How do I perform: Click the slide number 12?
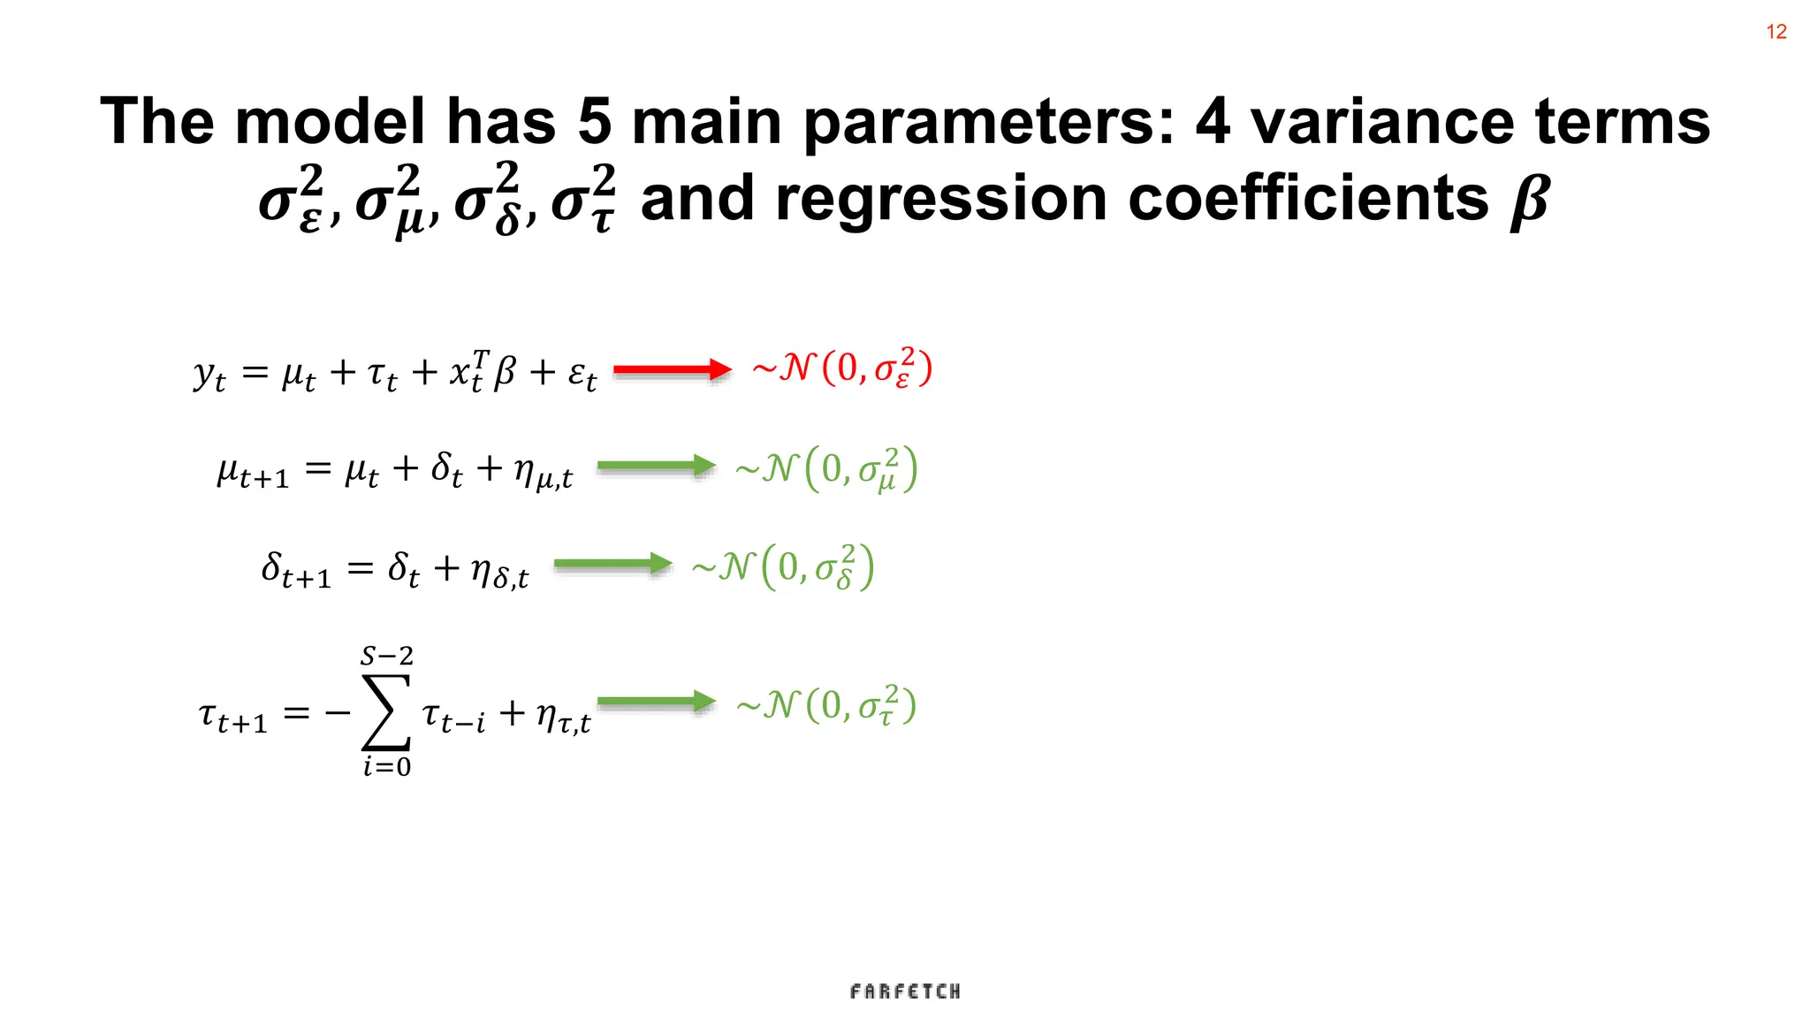coord(1776,32)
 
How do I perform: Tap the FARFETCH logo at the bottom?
coord(905,991)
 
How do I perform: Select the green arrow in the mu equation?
coord(656,467)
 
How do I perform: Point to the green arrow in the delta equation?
coord(612,564)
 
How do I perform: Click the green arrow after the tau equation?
coord(656,702)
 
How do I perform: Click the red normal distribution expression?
coord(841,368)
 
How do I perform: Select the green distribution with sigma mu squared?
coord(826,469)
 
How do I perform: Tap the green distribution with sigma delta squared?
coord(783,567)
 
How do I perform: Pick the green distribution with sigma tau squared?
coord(826,705)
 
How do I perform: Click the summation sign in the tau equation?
coord(386,712)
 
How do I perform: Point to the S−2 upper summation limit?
coord(386,656)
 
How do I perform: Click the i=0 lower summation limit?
coord(386,766)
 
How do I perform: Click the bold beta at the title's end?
coord(1529,200)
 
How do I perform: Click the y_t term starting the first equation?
coord(209,375)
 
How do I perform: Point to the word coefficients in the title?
coord(1308,198)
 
